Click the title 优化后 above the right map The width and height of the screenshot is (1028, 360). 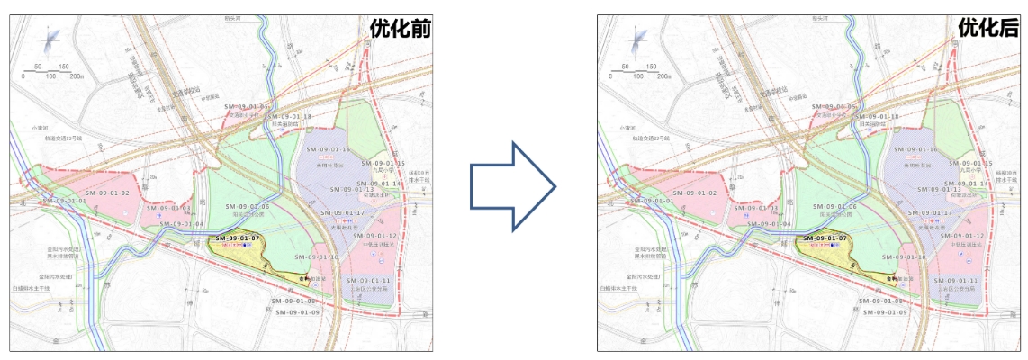click(987, 28)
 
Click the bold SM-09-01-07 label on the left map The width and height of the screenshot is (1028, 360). click(238, 238)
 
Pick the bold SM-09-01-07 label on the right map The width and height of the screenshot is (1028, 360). click(825, 238)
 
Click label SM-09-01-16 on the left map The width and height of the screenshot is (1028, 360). click(329, 149)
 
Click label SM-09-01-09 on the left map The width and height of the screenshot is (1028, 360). click(298, 311)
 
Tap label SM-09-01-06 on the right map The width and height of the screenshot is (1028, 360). click(831, 207)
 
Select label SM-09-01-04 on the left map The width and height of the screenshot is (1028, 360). click(182, 223)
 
